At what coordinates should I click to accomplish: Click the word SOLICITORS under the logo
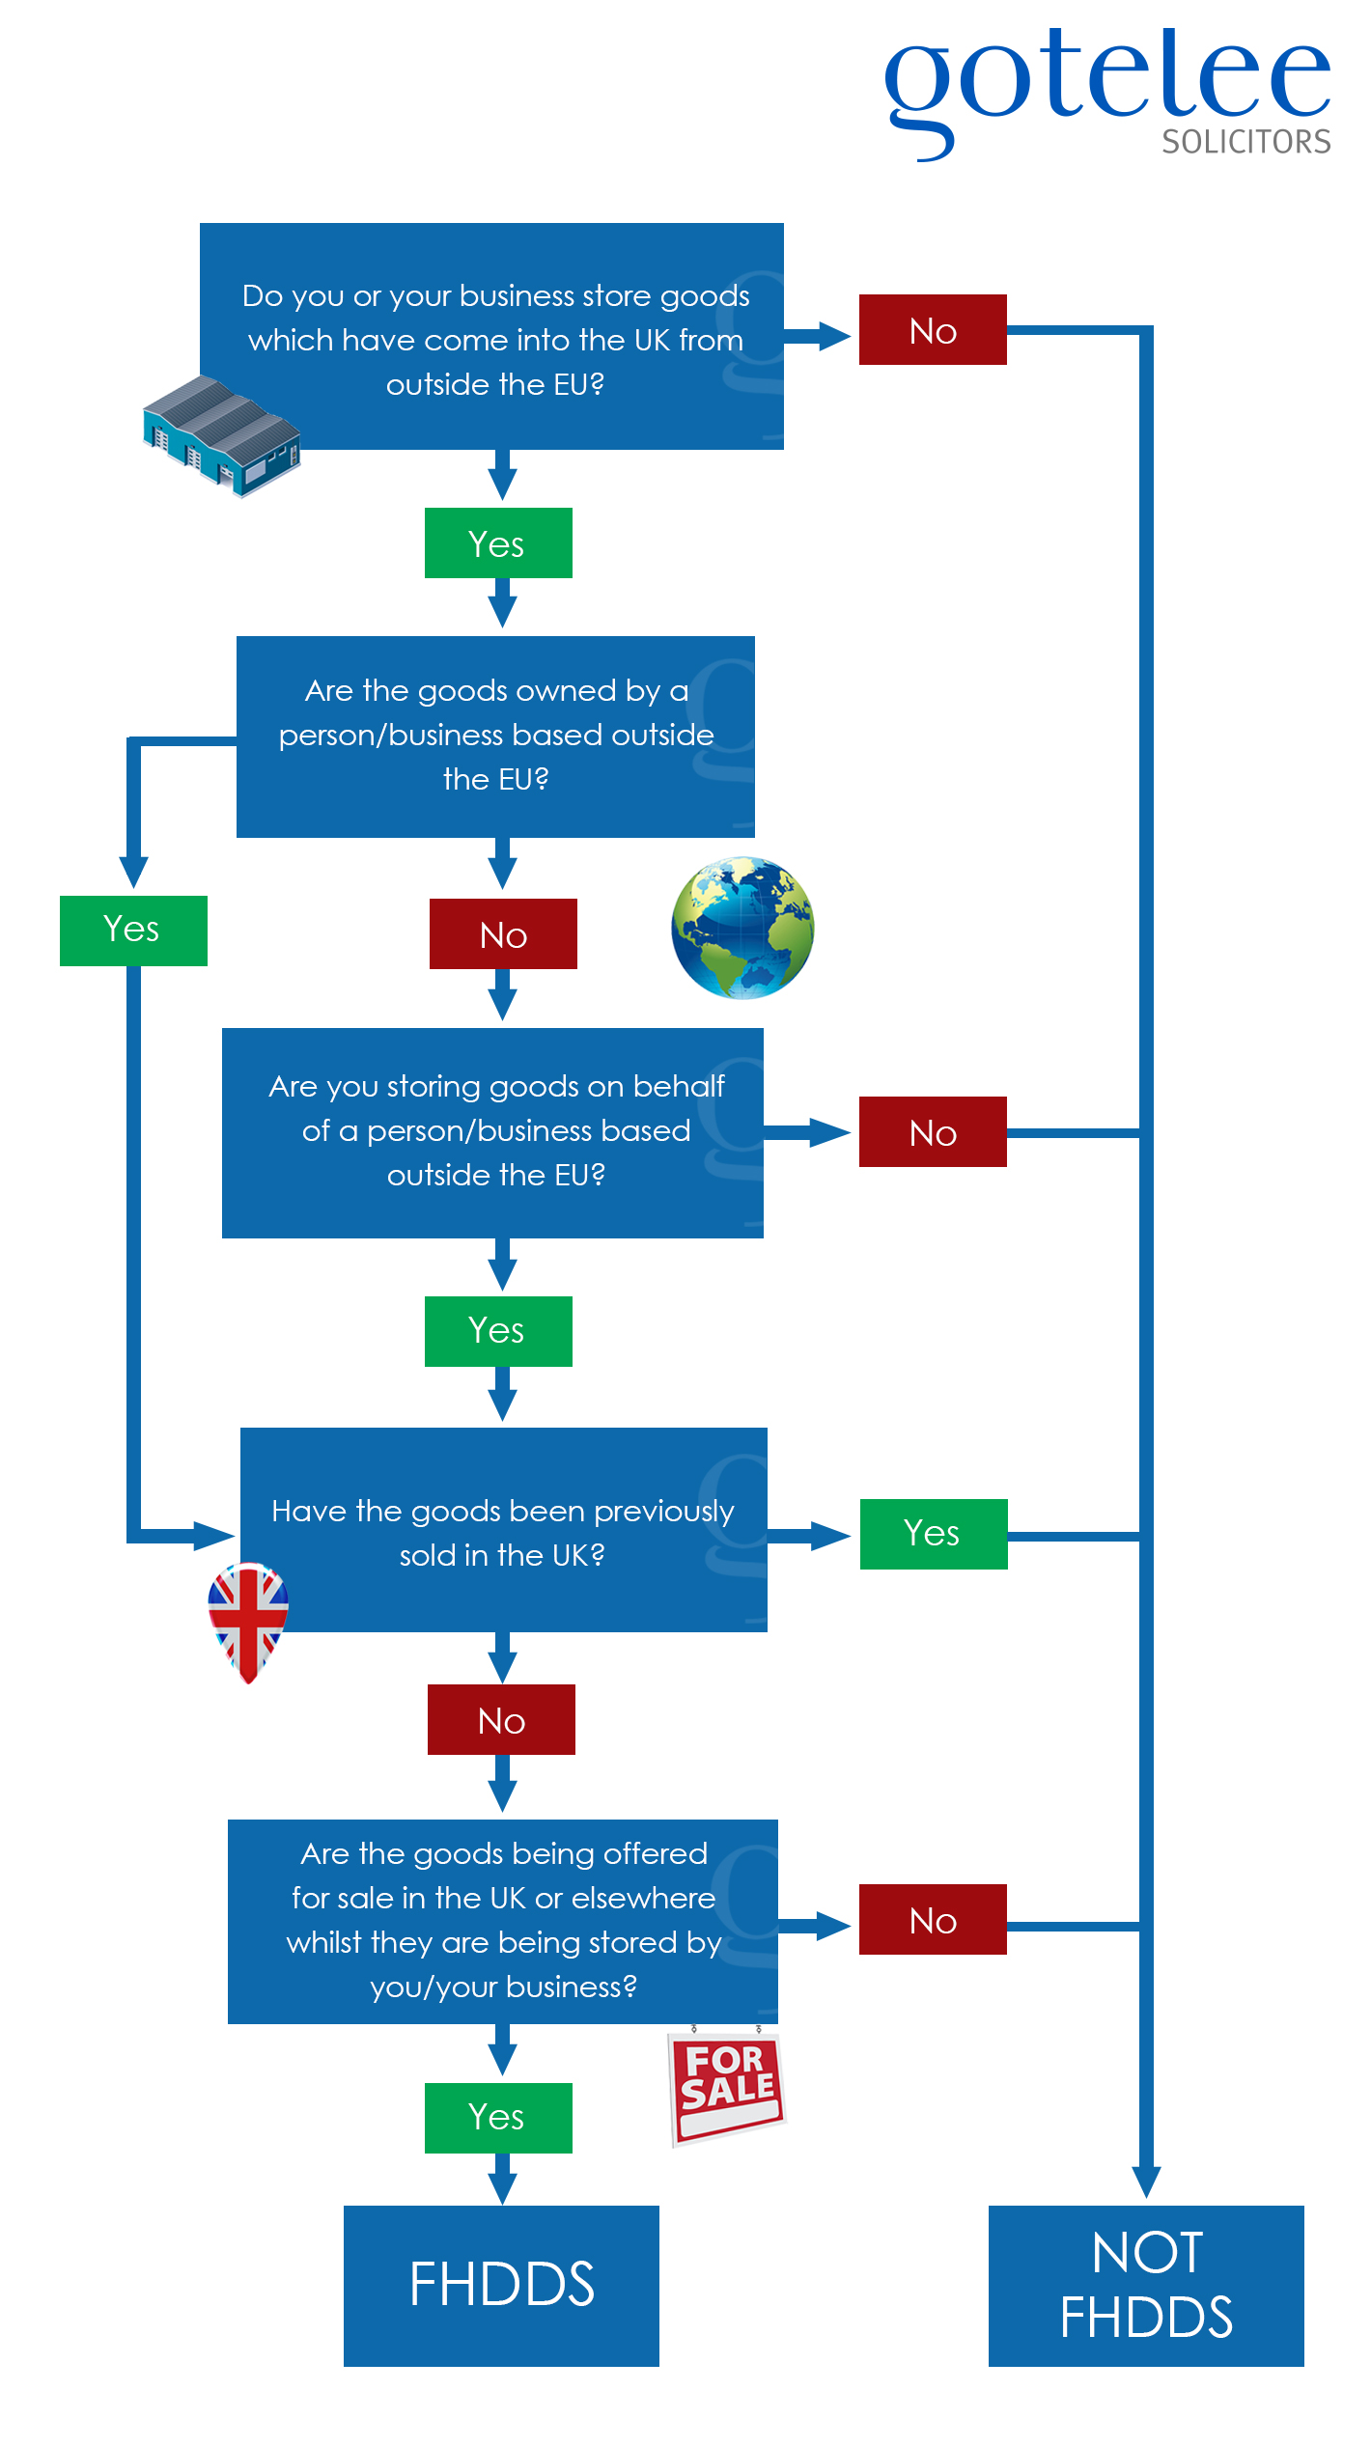click(1245, 143)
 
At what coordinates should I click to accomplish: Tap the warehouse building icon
click(222, 434)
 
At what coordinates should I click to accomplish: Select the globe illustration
click(742, 928)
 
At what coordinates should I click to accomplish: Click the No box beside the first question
click(933, 330)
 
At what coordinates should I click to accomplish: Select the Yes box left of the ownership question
click(133, 931)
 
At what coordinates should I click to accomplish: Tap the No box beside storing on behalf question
click(933, 1132)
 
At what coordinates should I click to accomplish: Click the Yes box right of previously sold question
click(934, 1534)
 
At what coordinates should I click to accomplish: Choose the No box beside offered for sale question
click(933, 1920)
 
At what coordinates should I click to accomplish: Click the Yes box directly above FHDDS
click(498, 2118)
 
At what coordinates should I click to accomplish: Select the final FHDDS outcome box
click(501, 2286)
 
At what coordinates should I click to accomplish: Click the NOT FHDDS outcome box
click(1146, 2286)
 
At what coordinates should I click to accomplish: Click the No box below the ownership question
click(503, 934)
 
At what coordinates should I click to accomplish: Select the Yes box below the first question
click(498, 543)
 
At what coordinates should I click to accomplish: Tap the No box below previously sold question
click(501, 1720)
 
